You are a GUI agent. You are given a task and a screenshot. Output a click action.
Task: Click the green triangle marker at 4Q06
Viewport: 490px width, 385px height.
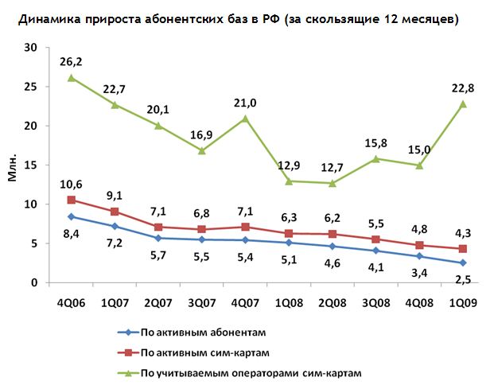72,78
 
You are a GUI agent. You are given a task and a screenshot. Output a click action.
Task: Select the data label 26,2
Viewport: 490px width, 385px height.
72,60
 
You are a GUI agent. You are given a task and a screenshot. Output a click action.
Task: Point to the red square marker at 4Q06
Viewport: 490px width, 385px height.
72,200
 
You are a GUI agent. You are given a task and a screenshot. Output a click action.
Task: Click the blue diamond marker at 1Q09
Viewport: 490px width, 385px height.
462,263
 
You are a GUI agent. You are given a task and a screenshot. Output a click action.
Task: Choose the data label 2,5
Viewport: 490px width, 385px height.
462,278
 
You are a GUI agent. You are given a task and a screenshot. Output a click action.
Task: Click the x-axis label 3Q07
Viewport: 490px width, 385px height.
202,302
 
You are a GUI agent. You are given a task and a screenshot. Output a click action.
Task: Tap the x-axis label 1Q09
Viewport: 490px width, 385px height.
462,302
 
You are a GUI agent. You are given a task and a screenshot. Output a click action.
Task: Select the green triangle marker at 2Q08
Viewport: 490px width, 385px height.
332,184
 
